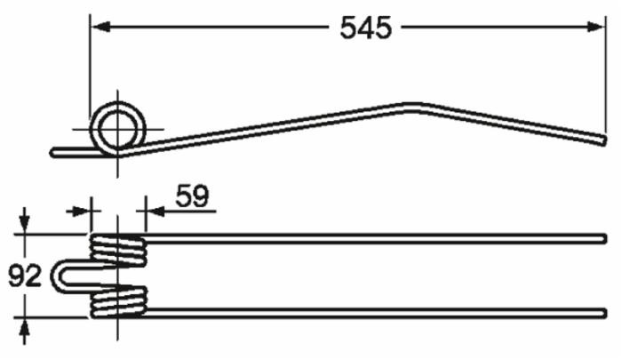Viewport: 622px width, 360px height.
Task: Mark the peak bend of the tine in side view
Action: (x=411, y=108)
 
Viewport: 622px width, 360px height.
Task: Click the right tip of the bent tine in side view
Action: (x=603, y=139)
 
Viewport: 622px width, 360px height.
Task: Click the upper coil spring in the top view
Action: (x=117, y=250)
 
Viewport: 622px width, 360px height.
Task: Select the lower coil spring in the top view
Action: (x=117, y=302)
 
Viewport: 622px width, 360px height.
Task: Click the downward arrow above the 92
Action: (x=26, y=222)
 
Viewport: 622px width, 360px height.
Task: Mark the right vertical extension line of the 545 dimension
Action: (x=606, y=71)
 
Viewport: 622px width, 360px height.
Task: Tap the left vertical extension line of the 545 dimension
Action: (x=90, y=71)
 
